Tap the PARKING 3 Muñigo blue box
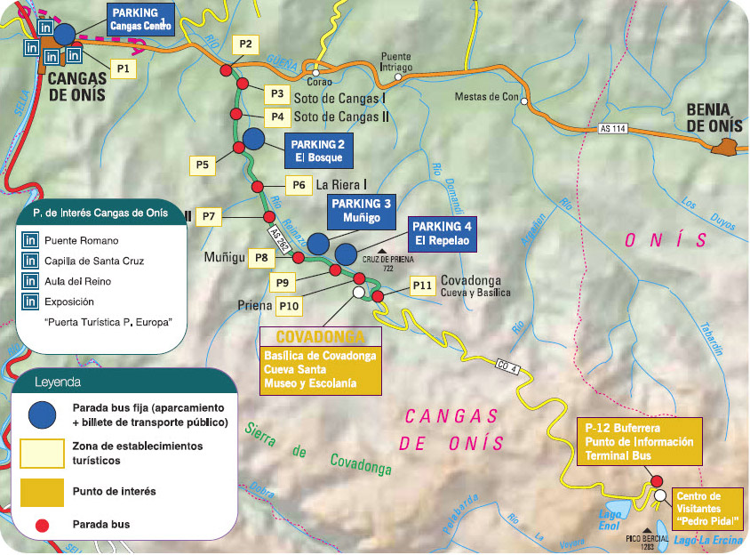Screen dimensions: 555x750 (x=361, y=210)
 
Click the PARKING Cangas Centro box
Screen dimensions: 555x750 (x=141, y=20)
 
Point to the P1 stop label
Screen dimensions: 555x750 (x=123, y=68)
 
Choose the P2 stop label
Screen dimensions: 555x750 (x=246, y=44)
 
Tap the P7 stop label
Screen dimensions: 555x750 (x=209, y=215)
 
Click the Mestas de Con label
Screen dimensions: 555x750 (x=485, y=97)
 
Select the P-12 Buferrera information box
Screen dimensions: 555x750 (x=639, y=440)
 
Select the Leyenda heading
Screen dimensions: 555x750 (x=58, y=382)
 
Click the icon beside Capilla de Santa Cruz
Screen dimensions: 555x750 (x=30, y=261)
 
